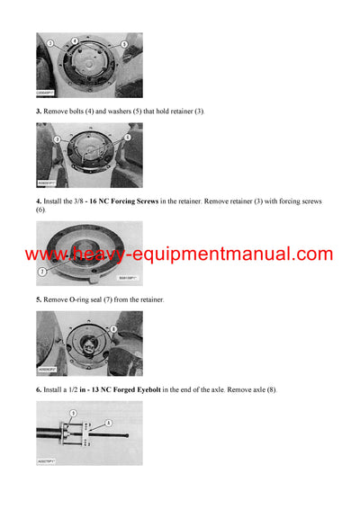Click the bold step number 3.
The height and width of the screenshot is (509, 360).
39,110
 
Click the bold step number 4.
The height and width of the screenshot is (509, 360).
39,201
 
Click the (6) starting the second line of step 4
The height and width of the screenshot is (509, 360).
40,210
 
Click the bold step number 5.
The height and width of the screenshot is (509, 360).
39,299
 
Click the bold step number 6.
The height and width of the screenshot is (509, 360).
39,389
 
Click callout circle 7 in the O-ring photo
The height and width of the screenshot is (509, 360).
41,270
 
